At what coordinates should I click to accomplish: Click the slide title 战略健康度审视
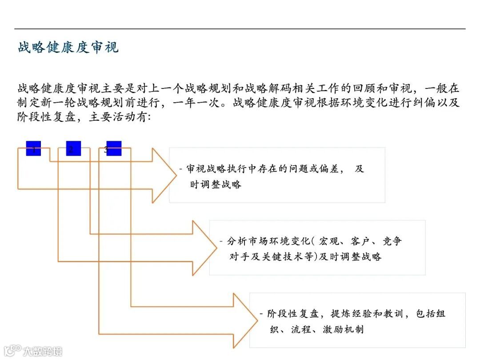coord(68,47)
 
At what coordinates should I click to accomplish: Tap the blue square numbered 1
coord(33,148)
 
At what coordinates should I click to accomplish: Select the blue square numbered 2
coord(73,148)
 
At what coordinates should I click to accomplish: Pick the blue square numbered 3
coord(113,148)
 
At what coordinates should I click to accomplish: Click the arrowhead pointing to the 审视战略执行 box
coord(164,175)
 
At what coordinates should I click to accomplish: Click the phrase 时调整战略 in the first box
coord(216,184)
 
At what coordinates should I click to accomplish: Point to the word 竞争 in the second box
coord(392,241)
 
